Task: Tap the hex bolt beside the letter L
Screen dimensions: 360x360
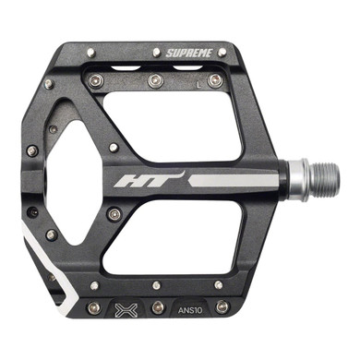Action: (214, 81)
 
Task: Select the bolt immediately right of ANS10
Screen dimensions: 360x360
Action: (222, 306)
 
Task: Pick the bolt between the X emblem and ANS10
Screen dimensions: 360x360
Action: (159, 306)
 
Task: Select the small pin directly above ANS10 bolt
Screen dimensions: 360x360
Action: (218, 285)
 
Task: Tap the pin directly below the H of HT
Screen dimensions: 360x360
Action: (114, 214)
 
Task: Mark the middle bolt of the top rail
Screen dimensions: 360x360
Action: (153, 81)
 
